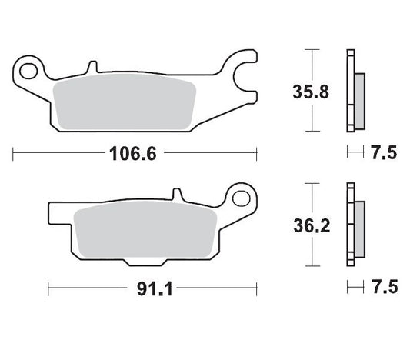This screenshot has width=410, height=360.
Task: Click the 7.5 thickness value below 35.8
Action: [383, 153]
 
